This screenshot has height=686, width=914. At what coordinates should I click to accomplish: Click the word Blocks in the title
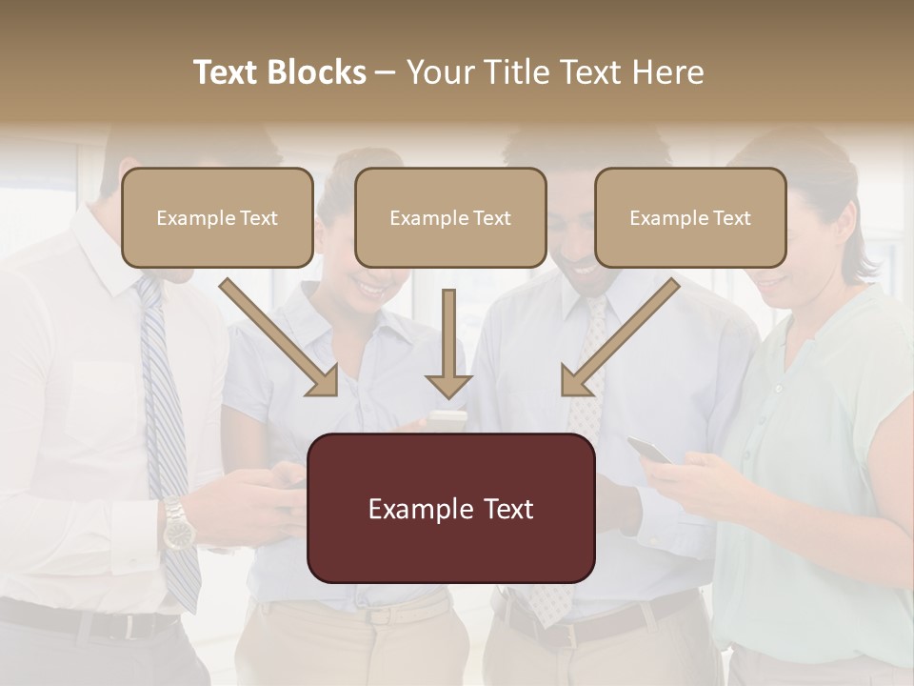click(x=319, y=72)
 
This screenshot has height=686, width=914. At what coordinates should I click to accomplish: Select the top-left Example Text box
click(x=217, y=217)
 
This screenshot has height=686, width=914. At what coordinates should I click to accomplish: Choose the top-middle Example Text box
click(x=450, y=217)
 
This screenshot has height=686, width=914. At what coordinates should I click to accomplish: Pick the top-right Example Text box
click(x=690, y=217)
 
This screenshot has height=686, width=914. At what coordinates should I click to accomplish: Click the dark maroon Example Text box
click(x=450, y=508)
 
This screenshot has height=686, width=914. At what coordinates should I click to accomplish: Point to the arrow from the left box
click(x=282, y=337)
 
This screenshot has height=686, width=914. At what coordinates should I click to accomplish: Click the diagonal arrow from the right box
click(x=619, y=337)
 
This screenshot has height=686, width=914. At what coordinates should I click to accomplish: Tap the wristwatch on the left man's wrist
click(x=177, y=527)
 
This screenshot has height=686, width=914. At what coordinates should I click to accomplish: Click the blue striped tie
click(x=168, y=429)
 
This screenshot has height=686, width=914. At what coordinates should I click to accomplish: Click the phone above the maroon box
click(x=447, y=417)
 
